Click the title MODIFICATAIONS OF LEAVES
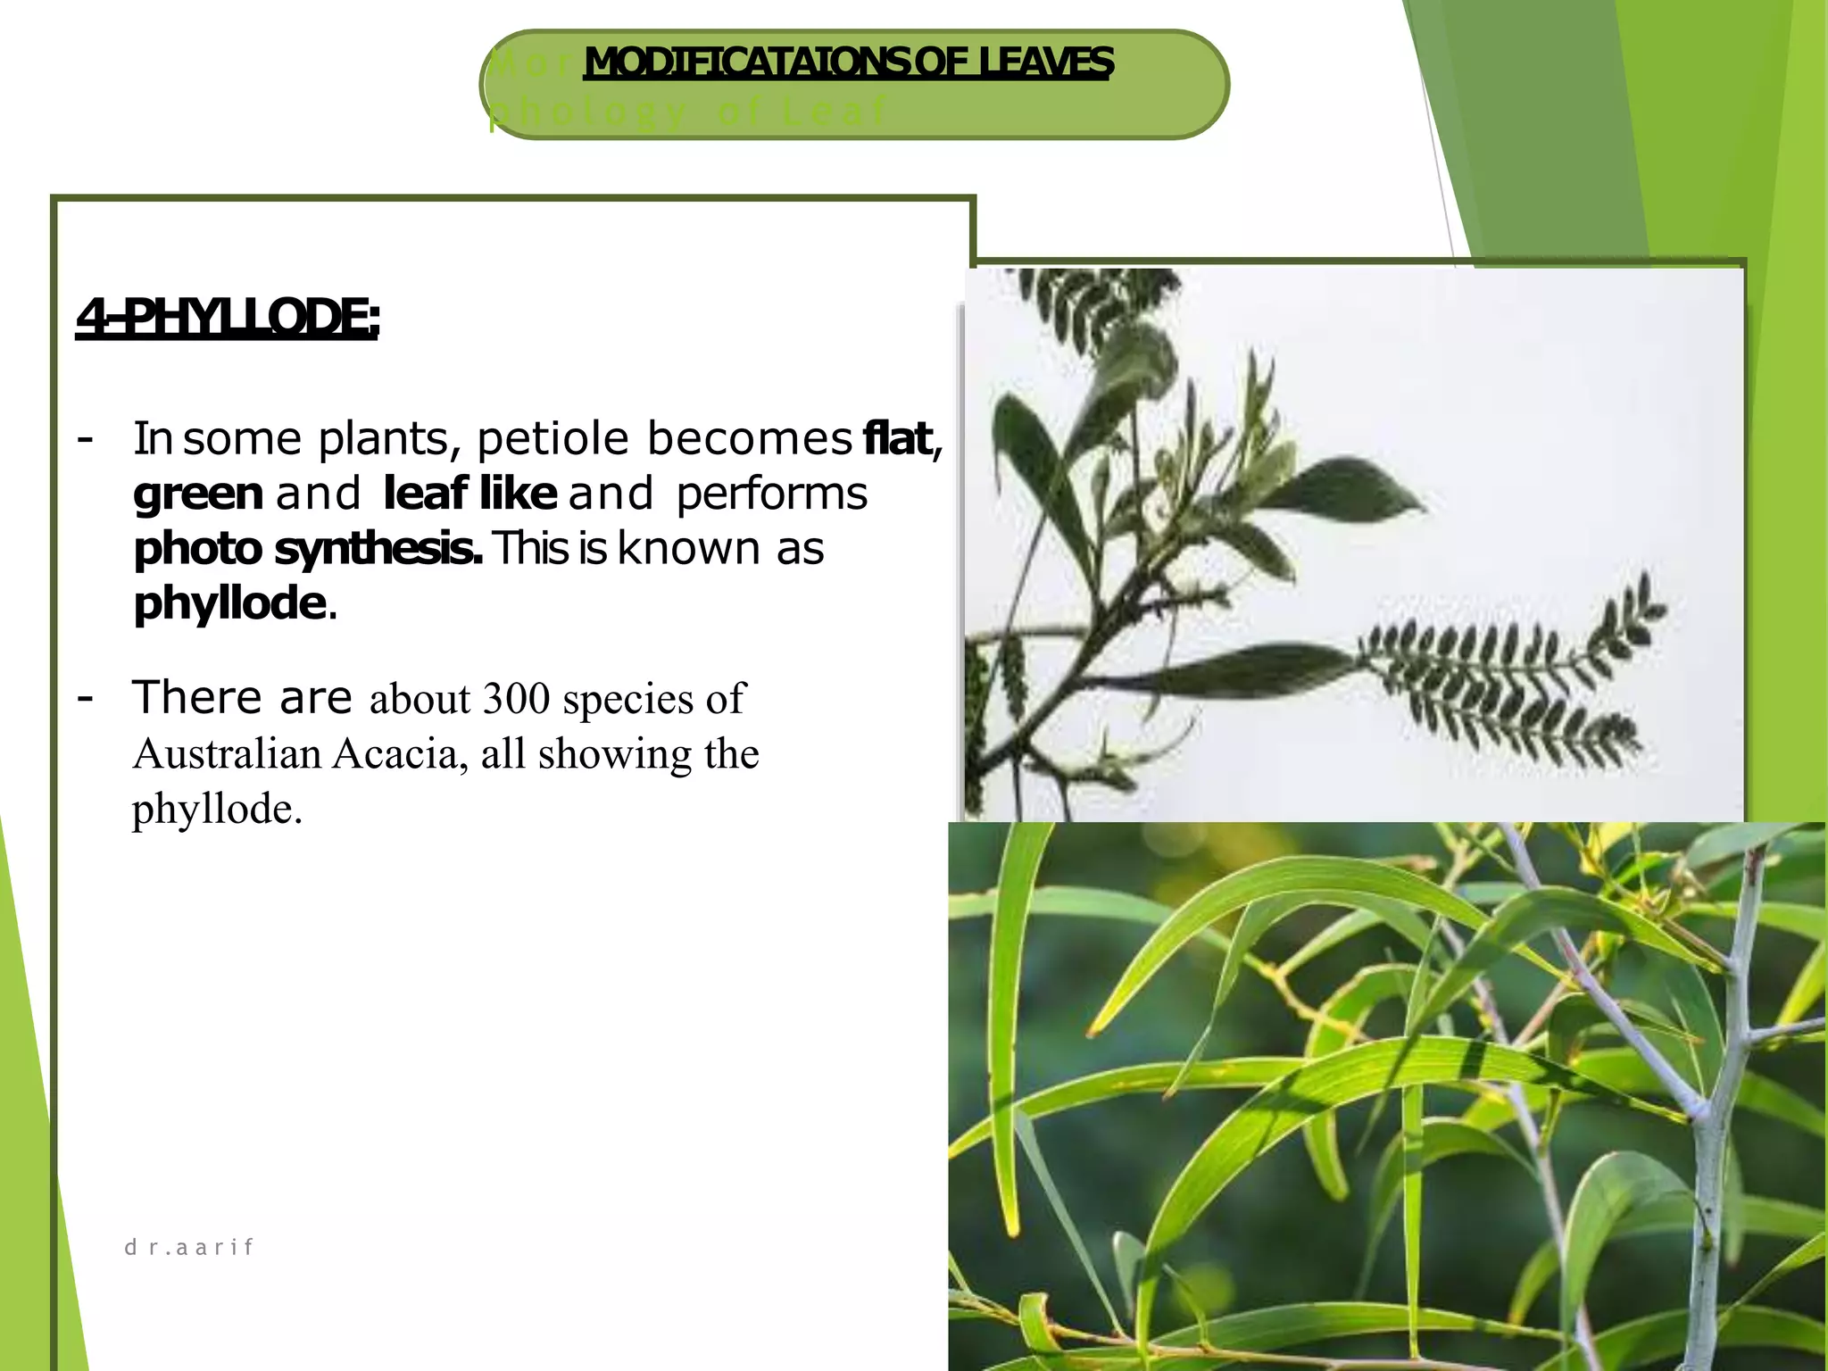click(848, 62)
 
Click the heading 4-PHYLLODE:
click(228, 318)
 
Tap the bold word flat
click(898, 439)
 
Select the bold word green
click(198, 494)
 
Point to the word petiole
click(553, 439)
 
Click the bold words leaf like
click(469, 494)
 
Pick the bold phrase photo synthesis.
click(307, 549)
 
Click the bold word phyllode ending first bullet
click(229, 604)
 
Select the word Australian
click(227, 754)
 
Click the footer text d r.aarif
click(189, 1247)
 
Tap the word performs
click(771, 494)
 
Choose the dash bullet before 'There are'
click(86, 696)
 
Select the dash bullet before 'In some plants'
click(86, 438)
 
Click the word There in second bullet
click(197, 697)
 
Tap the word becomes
click(750, 439)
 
